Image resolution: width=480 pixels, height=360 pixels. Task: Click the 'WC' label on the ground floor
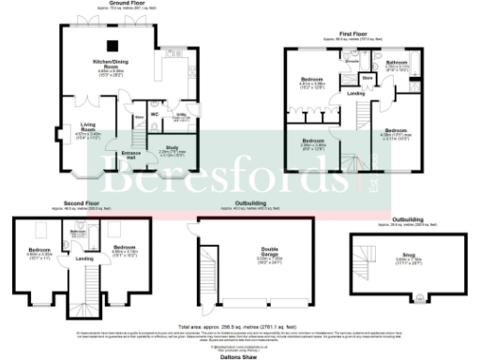tap(155, 114)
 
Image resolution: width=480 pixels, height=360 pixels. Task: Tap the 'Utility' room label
tap(183, 116)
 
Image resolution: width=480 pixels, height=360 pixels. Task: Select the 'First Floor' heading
tap(348, 35)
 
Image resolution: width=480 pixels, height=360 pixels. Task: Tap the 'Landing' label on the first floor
tap(355, 93)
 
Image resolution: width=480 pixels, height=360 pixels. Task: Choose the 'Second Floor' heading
tap(82, 202)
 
